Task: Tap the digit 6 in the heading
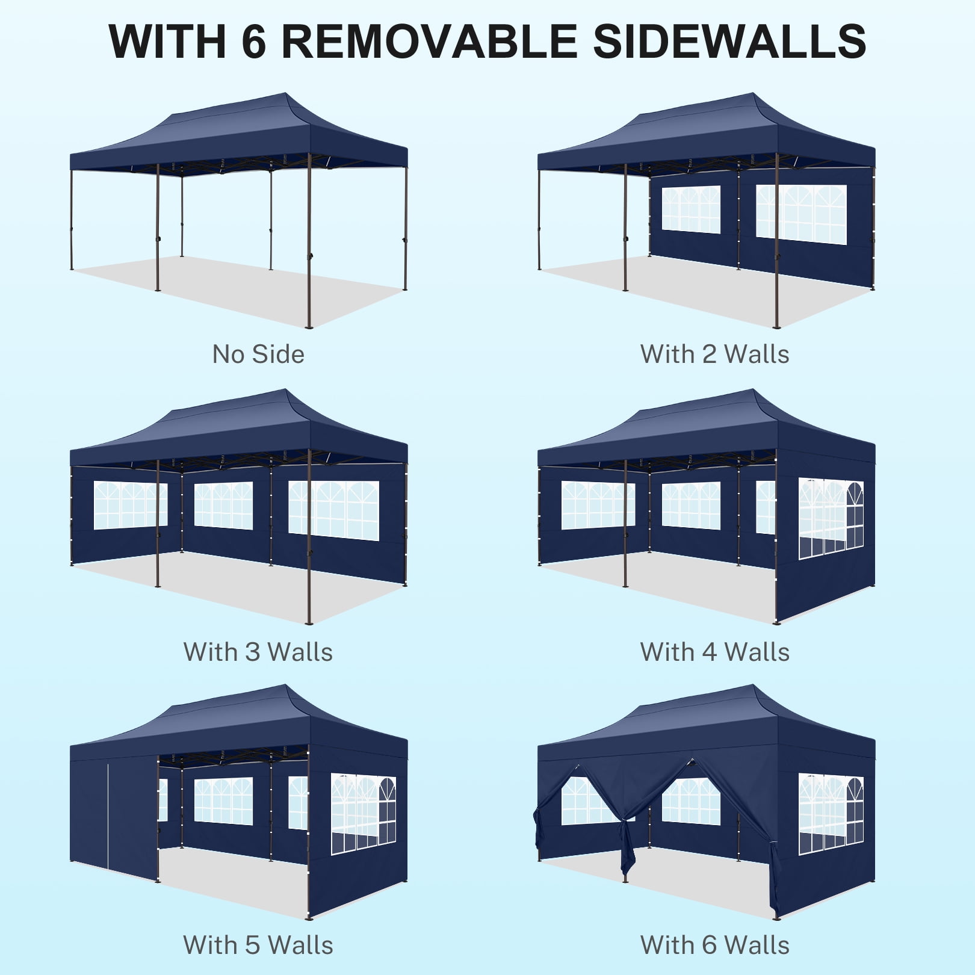click(253, 42)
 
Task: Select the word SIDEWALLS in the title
click(729, 42)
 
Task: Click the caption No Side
click(258, 354)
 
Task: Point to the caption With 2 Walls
click(714, 354)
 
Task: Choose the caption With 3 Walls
click(258, 652)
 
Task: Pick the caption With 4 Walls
click(714, 652)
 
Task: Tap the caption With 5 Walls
click(258, 945)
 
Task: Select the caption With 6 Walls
click(714, 945)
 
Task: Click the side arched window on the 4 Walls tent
click(831, 518)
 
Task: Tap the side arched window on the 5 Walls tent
click(364, 814)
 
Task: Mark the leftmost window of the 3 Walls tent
click(129, 505)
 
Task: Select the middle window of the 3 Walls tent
click(223, 506)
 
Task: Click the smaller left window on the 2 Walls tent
click(691, 209)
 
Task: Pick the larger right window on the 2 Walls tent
click(801, 214)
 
